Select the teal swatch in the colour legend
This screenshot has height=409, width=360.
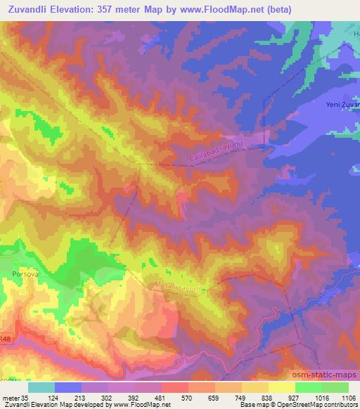coord(41,387)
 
